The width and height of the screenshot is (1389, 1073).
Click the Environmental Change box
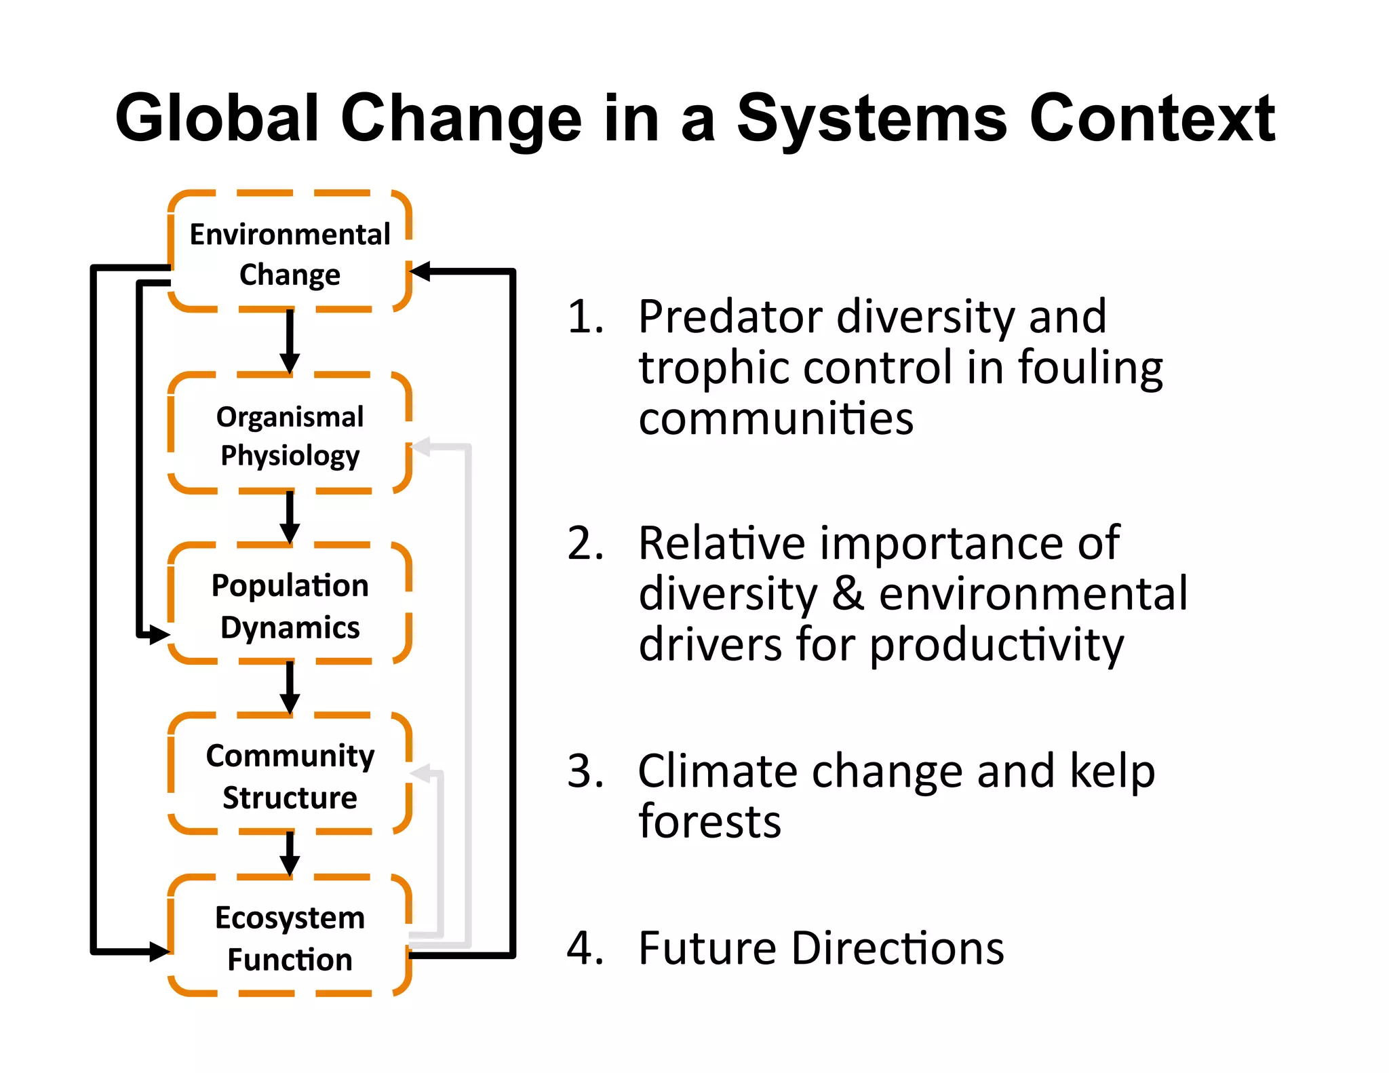[x=290, y=252]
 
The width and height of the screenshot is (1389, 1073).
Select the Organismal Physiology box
[x=290, y=434]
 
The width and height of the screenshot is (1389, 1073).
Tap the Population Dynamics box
[x=290, y=604]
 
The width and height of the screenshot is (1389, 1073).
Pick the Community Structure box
[x=290, y=775]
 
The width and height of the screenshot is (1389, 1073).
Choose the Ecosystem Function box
[x=290, y=937]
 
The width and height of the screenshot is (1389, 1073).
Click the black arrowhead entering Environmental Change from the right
[x=421, y=272]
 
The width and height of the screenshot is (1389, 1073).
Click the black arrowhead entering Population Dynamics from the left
[x=159, y=635]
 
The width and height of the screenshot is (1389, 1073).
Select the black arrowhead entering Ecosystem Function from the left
[x=159, y=951]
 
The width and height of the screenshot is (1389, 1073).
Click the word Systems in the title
[x=872, y=119]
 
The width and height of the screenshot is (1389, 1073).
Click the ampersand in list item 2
[x=848, y=593]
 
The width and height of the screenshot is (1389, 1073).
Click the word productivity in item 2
[x=996, y=645]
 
